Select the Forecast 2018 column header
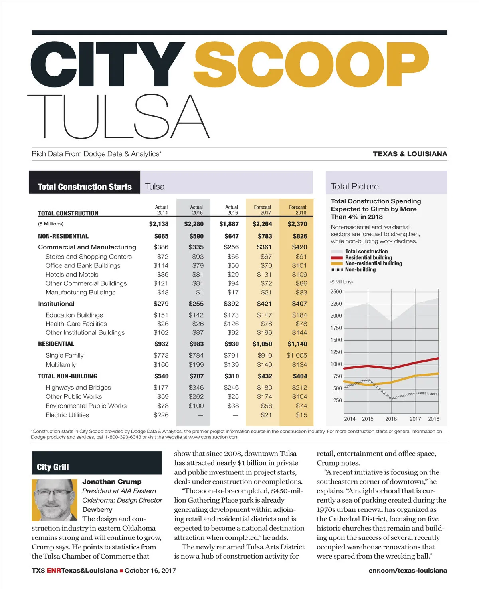[297, 210]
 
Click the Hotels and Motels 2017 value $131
[264, 275]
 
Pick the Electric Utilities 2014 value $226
[161, 415]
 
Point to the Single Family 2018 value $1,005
[297, 355]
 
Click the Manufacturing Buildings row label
[80, 293]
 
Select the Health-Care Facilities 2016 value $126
[231, 324]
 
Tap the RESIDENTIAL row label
[56, 344]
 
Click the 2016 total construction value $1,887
[229, 224]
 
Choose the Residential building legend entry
[368, 258]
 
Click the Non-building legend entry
[360, 270]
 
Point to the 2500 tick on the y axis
[336, 292]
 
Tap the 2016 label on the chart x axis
[391, 419]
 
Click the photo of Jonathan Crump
[55, 500]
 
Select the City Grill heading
[53, 467]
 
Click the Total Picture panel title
[354, 186]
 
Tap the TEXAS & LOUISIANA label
[410, 154]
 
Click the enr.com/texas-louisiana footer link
[408, 571]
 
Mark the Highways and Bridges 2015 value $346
[196, 387]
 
